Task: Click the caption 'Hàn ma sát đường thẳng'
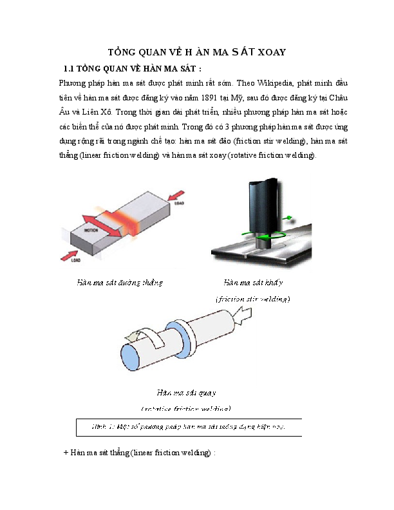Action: click(x=120, y=282)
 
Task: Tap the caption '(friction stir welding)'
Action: click(x=252, y=299)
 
